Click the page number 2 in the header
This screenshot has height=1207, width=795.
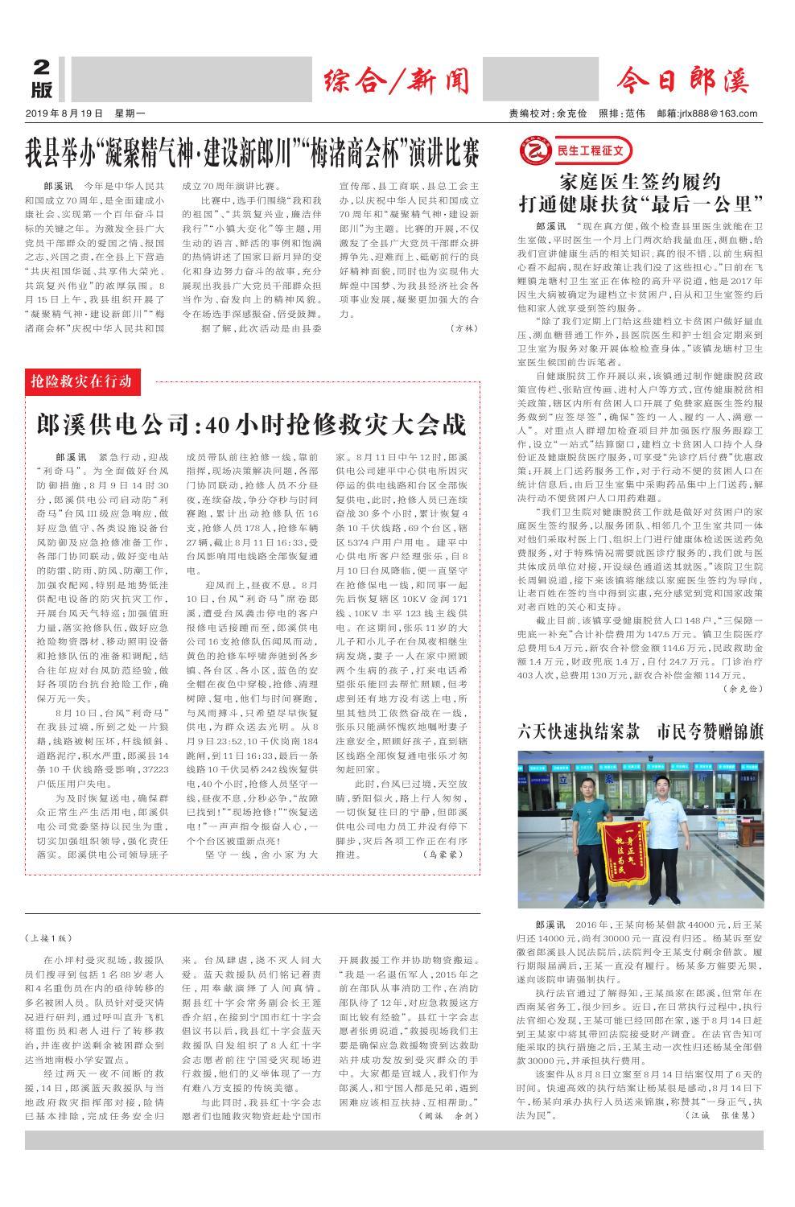[42, 68]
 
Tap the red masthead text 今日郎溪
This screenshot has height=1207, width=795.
[682, 81]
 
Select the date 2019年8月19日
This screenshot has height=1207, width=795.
[65, 114]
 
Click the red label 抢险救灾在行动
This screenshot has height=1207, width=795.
[83, 381]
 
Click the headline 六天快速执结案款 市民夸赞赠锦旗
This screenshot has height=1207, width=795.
[640, 731]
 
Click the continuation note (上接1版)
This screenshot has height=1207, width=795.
[50, 937]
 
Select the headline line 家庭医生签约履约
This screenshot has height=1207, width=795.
[640, 180]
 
